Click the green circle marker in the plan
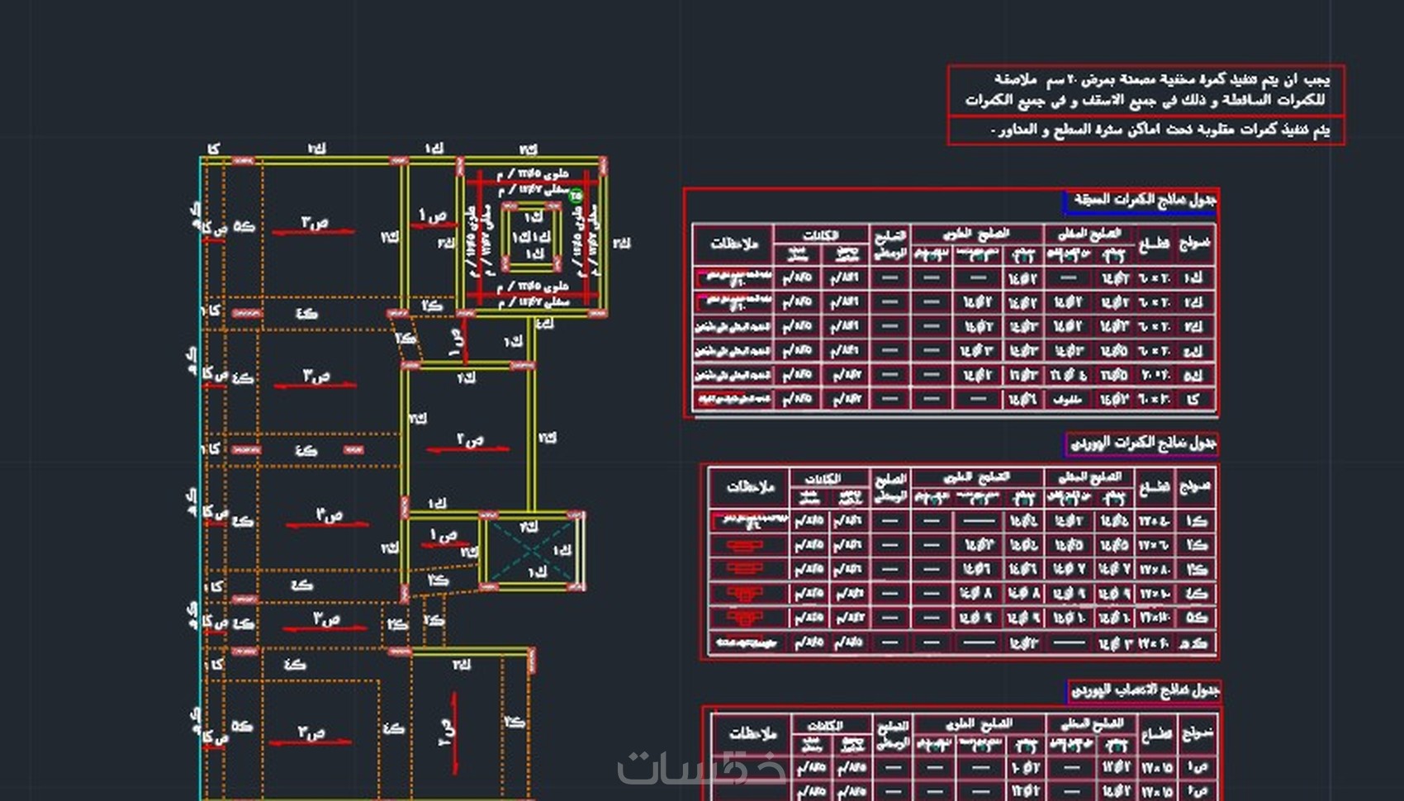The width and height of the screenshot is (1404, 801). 576,196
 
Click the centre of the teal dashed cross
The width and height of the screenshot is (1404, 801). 532,550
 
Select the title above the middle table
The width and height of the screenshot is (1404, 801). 1142,443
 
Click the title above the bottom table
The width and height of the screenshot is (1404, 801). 1145,690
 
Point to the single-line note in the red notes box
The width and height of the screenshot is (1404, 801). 1159,130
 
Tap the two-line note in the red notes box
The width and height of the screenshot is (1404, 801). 1146,90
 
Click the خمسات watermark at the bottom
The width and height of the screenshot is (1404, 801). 702,768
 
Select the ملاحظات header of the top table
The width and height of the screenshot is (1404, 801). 733,244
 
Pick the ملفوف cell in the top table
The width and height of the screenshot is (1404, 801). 1068,399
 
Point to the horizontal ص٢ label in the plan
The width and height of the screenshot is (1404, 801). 470,439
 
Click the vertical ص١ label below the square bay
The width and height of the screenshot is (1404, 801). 456,340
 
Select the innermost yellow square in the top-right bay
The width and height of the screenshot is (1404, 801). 533,238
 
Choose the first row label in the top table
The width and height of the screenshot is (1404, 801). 1193,278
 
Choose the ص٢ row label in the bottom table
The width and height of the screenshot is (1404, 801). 1198,790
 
